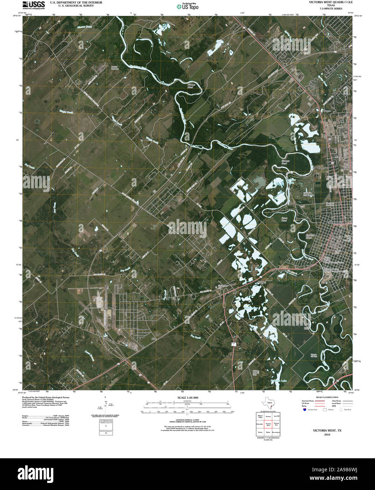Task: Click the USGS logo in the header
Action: pos(34,5)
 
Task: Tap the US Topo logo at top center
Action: pos(187,6)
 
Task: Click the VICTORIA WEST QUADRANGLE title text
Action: pos(326,2)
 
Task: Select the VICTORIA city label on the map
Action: pos(340,223)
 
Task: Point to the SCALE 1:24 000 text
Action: pos(188,398)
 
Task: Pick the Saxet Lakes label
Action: pos(251,308)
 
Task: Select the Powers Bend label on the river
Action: pos(191,86)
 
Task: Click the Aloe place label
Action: pos(153,339)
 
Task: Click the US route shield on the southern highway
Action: pos(234,343)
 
